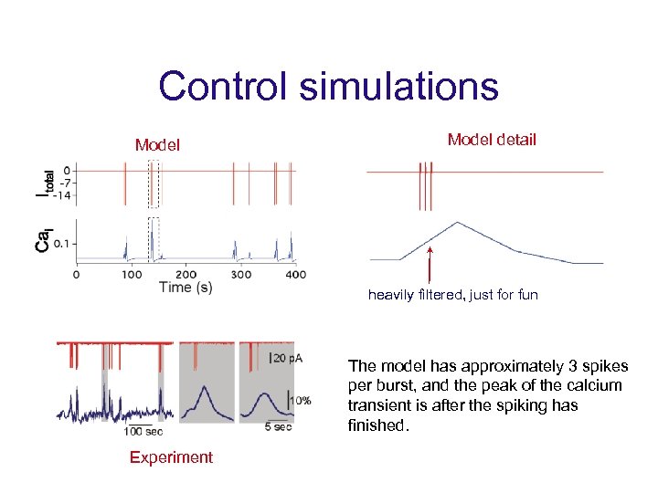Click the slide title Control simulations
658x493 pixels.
tap(328, 87)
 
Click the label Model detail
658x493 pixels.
tap(492, 140)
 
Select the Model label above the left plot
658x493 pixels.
tap(157, 144)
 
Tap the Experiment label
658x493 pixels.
tap(171, 457)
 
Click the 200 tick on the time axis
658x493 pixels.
tap(186, 274)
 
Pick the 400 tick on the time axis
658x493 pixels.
tap(295, 274)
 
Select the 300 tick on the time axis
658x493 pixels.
tap(240, 274)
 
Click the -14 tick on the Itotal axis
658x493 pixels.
tap(59, 195)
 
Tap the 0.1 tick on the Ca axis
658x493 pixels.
tap(60, 244)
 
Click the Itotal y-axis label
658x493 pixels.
tap(44, 183)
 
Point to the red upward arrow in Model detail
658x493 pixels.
tap(430, 265)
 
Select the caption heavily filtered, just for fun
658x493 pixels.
tap(452, 295)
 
